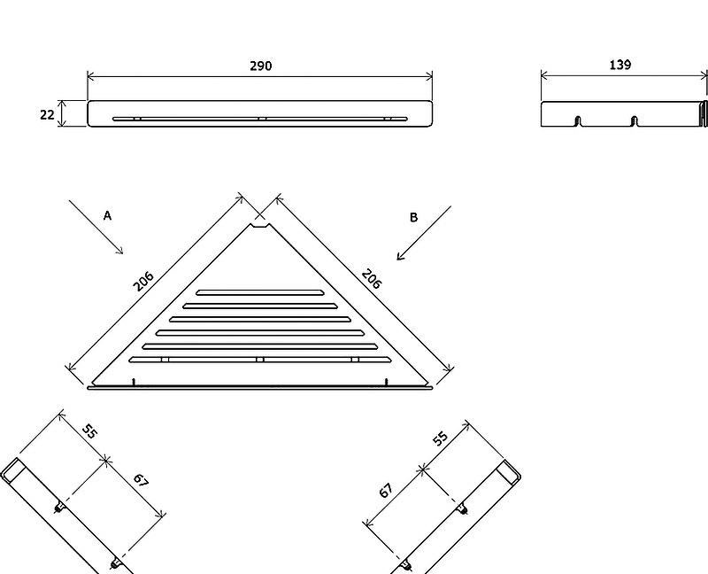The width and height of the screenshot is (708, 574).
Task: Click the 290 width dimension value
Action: tap(261, 66)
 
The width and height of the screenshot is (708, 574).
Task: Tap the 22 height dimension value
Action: tap(47, 115)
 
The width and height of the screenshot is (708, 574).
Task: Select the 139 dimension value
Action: tap(620, 65)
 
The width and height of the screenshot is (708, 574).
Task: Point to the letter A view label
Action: tap(107, 215)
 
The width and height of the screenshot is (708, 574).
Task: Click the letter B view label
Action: tap(413, 217)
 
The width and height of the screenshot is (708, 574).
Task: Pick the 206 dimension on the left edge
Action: tap(143, 281)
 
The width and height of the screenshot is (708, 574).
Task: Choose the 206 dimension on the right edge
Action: tap(372, 279)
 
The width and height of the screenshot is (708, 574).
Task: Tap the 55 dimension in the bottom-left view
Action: tap(89, 431)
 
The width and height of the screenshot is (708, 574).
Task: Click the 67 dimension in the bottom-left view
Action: tap(141, 480)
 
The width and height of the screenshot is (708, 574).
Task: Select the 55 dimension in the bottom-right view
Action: tap(440, 438)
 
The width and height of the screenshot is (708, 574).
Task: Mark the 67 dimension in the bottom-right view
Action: tap(386, 490)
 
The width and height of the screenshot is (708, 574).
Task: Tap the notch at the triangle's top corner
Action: tap(260, 226)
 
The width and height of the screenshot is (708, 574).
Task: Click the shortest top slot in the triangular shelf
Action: tap(259, 292)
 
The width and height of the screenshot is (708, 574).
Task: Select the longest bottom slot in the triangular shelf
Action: tap(260, 360)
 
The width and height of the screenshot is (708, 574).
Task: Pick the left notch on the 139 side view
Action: tap(578, 121)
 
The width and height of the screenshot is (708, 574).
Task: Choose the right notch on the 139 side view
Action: tap(635, 121)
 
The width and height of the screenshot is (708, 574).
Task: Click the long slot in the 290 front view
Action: tap(260, 120)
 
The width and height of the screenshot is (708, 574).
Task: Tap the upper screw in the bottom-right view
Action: tap(463, 508)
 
